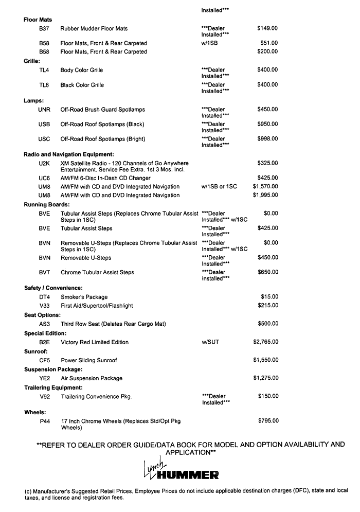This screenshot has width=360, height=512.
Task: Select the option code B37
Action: (x=44, y=29)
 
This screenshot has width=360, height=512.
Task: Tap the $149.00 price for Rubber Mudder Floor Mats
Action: (x=267, y=29)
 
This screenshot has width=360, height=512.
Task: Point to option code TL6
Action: (x=44, y=84)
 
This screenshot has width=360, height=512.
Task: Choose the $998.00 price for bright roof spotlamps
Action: (x=267, y=139)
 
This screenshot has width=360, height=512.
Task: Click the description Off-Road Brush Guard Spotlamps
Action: (x=103, y=110)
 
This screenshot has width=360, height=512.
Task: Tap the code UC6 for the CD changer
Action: (x=44, y=178)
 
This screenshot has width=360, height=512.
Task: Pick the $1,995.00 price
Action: (x=265, y=196)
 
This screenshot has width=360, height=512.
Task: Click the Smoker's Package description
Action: (x=84, y=297)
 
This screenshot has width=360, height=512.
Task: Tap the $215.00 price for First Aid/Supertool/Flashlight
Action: (x=267, y=306)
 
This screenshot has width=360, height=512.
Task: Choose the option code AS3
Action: (x=44, y=324)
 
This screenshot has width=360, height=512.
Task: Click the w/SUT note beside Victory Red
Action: (x=210, y=342)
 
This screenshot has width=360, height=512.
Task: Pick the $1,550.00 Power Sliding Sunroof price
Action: (x=265, y=360)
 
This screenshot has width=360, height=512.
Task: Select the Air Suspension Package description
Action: (x=92, y=378)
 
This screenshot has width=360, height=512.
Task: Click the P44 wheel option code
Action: (x=44, y=421)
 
